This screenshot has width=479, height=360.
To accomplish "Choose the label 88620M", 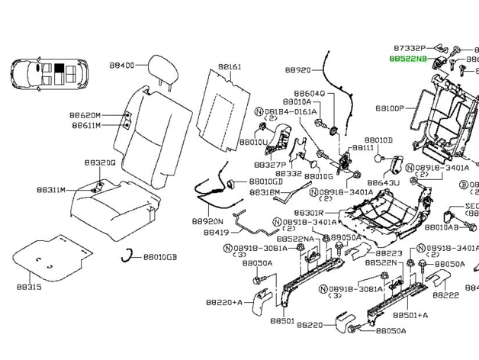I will click(x=86, y=113).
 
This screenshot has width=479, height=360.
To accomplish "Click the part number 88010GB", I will click(x=159, y=258).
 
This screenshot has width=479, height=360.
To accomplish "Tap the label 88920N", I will click(x=206, y=220).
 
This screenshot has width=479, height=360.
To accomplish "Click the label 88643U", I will click(x=382, y=183).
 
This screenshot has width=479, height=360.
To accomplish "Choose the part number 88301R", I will click(x=309, y=212).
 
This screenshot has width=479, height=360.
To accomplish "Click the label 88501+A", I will click(x=410, y=314).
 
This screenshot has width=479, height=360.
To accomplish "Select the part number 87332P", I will click(x=409, y=47).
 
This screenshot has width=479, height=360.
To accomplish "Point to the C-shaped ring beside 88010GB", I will click(x=130, y=256).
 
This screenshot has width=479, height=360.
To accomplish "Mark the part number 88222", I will click(x=446, y=295).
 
